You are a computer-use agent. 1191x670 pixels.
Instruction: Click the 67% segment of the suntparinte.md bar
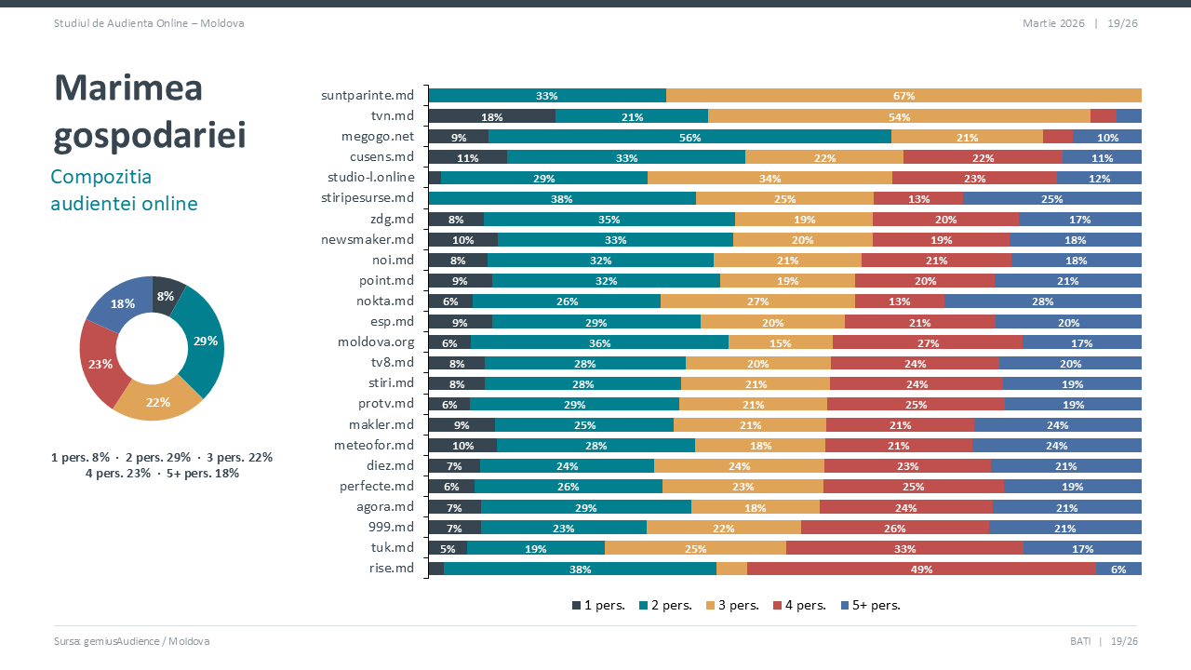click(x=903, y=96)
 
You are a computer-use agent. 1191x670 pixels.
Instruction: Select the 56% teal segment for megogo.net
click(x=689, y=137)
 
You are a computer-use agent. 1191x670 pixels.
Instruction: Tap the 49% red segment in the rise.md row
click(x=921, y=569)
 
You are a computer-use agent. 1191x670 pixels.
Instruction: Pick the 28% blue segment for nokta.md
click(x=1042, y=301)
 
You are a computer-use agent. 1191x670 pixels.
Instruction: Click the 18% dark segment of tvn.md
click(x=491, y=116)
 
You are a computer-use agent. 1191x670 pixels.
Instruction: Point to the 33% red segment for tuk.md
click(x=904, y=548)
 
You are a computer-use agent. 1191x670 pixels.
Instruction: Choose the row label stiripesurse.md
click(x=367, y=198)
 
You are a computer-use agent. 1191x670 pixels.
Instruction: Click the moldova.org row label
click(x=375, y=342)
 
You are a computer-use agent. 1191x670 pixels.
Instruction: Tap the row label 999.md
click(x=391, y=527)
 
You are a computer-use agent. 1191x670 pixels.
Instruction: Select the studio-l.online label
click(x=370, y=178)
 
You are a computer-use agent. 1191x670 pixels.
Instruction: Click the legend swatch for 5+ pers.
click(x=845, y=606)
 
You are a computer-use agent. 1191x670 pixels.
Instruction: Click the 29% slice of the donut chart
click(x=206, y=341)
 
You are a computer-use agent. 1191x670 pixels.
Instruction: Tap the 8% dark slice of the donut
click(x=166, y=296)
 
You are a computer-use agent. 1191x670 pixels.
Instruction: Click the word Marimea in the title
click(x=128, y=88)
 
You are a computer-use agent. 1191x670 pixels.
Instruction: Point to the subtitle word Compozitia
click(x=100, y=177)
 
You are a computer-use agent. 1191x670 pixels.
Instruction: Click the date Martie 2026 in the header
click(x=1052, y=23)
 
